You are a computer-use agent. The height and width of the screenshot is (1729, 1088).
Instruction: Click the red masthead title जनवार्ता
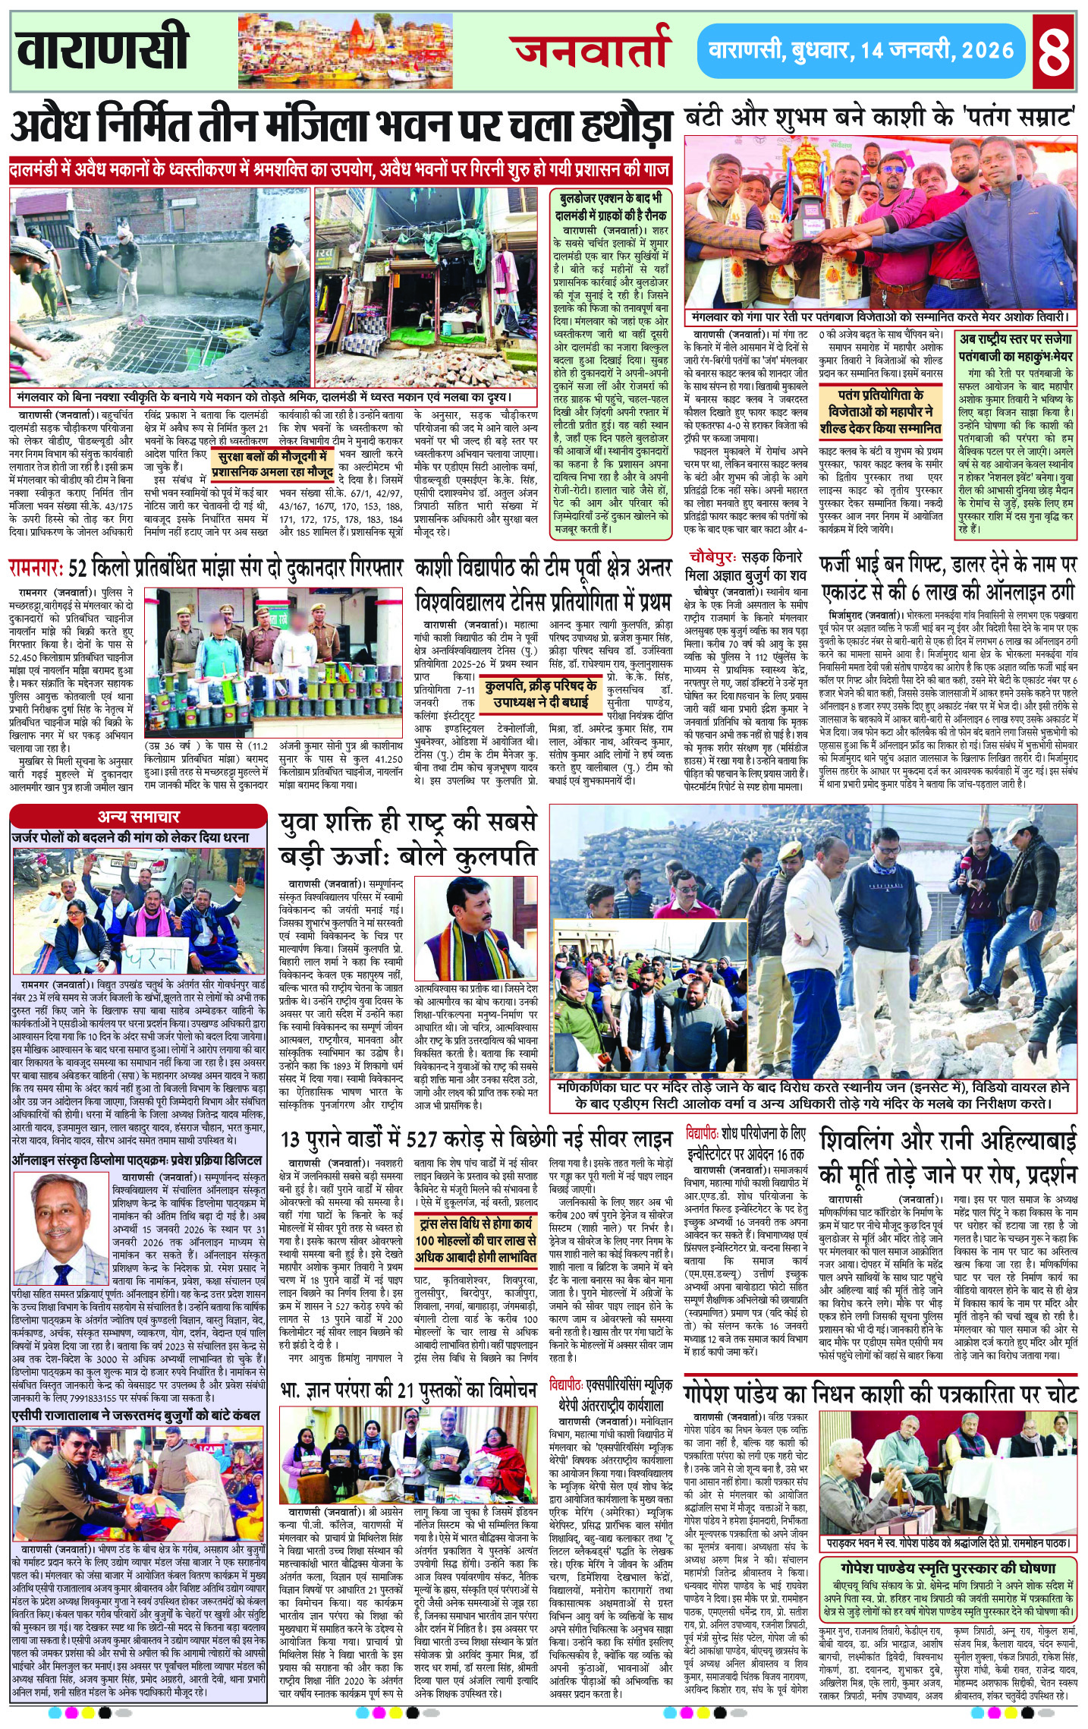(593, 51)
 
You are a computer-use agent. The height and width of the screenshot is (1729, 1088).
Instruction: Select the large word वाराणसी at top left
(102, 49)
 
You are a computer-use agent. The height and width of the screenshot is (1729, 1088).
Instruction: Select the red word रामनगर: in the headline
(36, 567)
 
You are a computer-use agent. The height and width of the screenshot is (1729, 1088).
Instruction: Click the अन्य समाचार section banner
(138, 816)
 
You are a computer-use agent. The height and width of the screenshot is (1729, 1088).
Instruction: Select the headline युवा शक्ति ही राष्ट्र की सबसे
(407, 821)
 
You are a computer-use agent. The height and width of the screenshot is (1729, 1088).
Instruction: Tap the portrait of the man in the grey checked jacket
(61, 1236)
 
